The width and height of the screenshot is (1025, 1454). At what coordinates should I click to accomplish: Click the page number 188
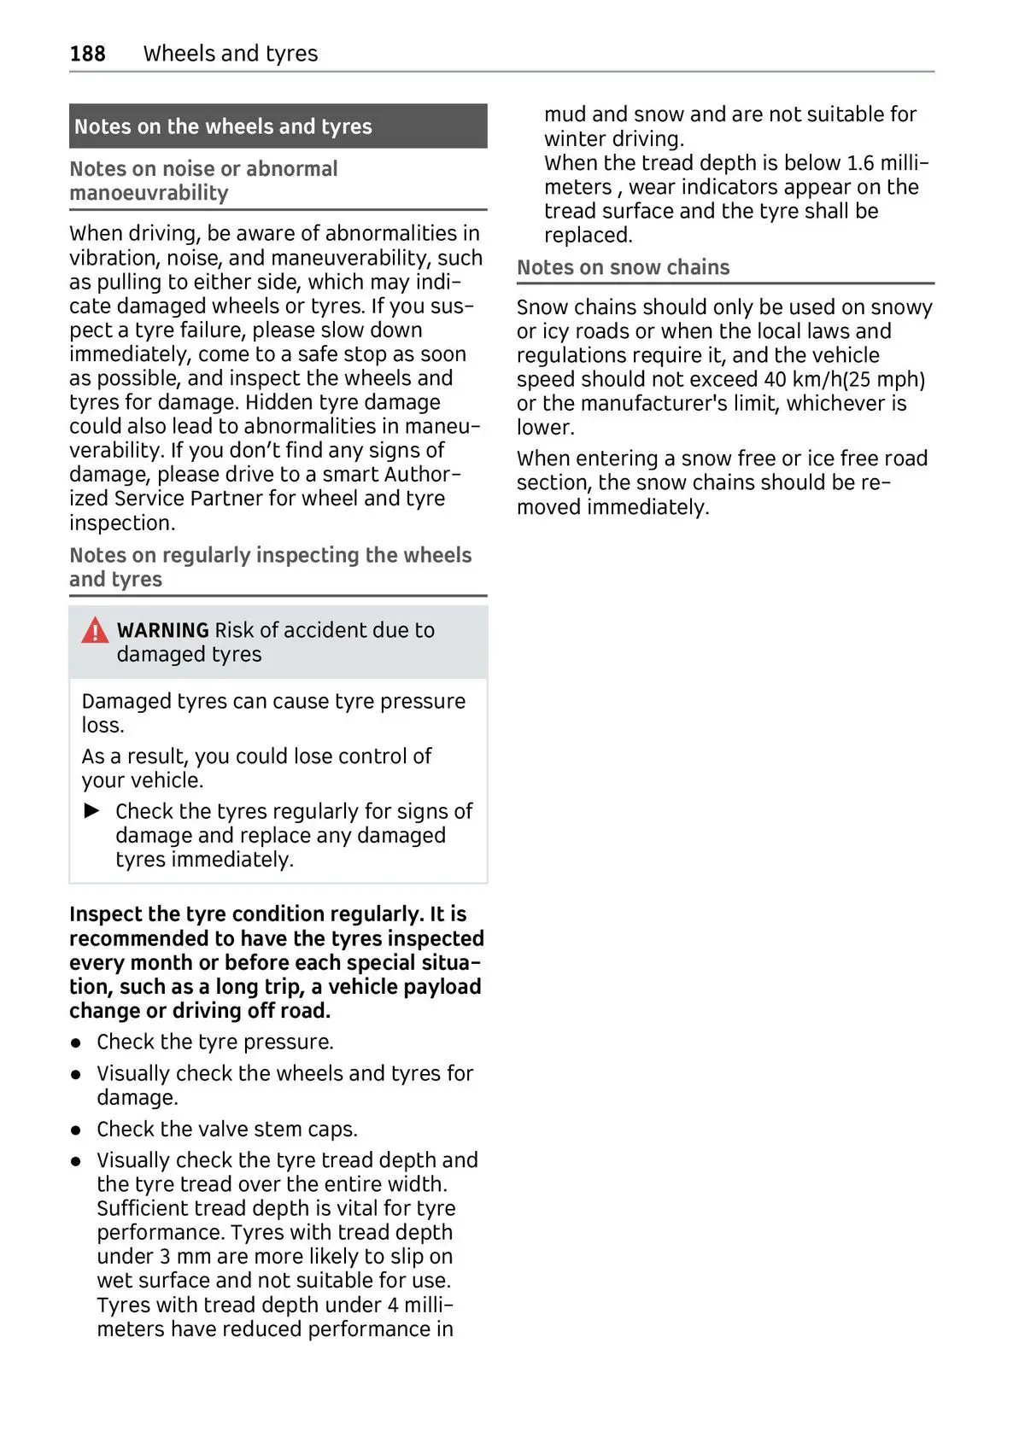[87, 54]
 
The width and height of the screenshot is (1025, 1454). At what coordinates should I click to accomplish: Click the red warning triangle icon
[95, 631]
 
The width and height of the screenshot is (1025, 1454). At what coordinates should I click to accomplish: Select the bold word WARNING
[162, 631]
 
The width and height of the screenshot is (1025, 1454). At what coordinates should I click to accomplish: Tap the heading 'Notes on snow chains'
[623, 267]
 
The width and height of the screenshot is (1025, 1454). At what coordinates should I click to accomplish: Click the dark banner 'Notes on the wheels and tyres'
[278, 126]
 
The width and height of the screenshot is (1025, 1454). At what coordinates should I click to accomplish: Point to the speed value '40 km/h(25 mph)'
[855, 379]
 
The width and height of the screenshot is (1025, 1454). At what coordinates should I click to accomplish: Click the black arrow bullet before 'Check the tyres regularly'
[92, 810]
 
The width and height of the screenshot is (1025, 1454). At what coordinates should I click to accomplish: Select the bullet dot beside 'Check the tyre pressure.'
[77, 1043]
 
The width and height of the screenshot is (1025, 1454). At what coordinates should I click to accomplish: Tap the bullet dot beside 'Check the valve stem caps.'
[77, 1130]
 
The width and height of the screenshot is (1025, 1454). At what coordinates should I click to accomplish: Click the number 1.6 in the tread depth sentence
[860, 163]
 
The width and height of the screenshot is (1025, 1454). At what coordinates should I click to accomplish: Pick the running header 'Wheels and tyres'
[231, 54]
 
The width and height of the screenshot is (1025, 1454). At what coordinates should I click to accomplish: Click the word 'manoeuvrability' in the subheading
[149, 193]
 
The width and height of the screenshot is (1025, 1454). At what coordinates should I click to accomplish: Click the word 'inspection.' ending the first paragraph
[121, 523]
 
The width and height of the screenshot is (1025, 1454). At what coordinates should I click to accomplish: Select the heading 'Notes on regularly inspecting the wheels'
[270, 555]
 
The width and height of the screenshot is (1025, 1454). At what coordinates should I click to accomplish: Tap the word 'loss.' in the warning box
[102, 725]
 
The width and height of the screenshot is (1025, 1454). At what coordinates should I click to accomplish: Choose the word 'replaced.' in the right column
[588, 235]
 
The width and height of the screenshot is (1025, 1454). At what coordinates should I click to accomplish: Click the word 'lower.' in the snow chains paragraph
[545, 427]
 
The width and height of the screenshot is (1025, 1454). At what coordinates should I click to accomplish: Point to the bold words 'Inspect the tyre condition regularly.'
[246, 914]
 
